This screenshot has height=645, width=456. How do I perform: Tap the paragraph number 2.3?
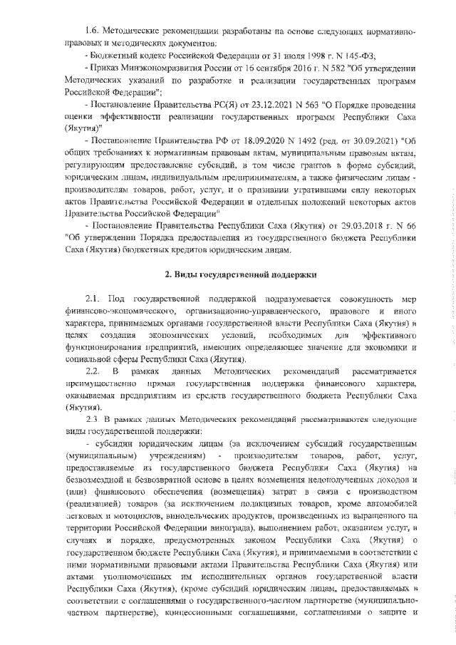click(93, 420)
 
